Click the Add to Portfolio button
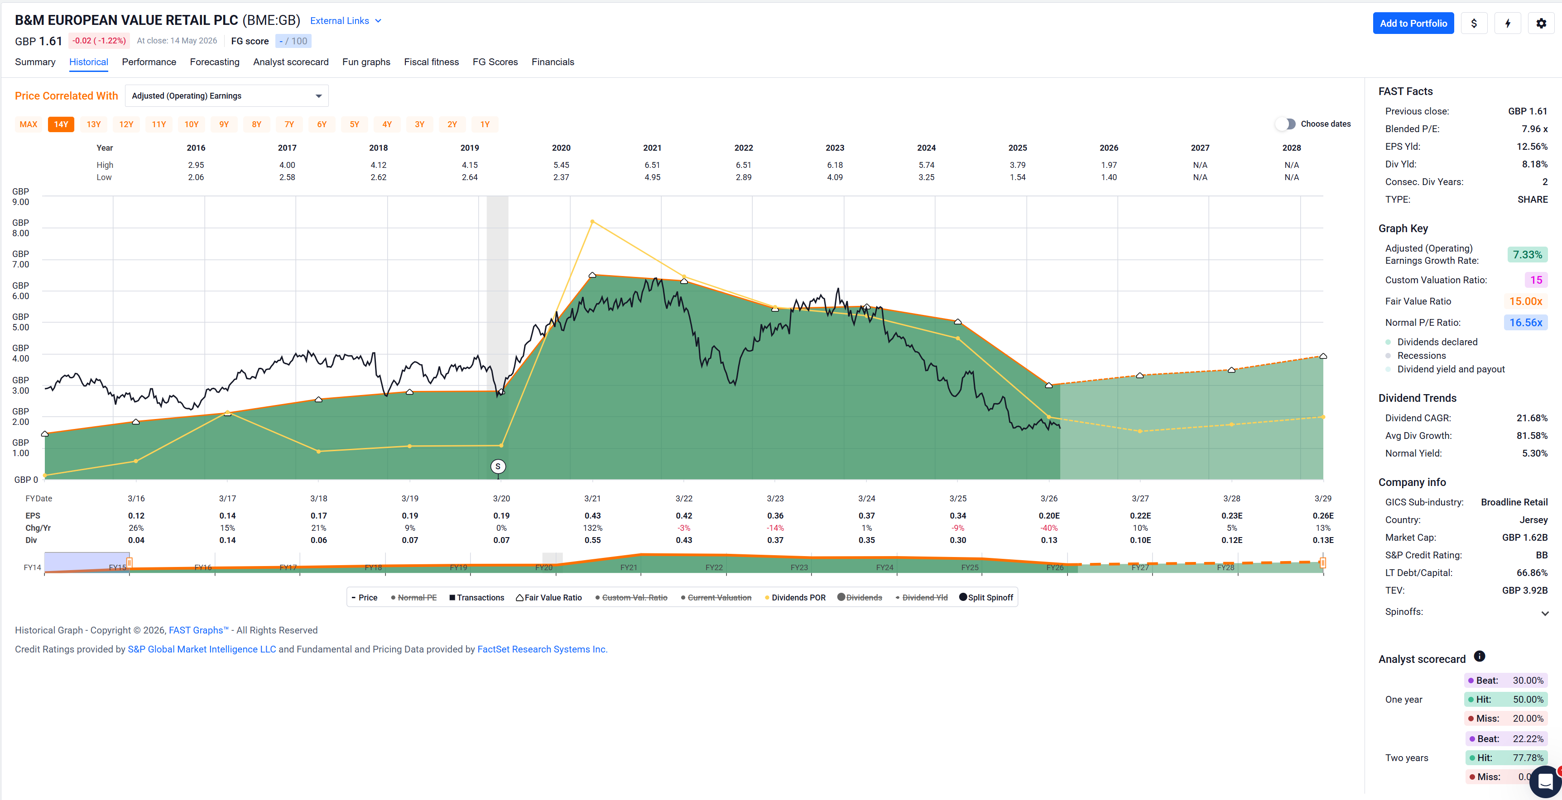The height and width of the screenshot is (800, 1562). point(1413,23)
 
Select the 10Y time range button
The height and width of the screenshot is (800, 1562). point(192,124)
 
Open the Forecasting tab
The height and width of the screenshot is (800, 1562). point(215,62)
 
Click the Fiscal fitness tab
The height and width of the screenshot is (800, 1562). point(431,62)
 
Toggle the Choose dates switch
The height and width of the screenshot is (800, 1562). point(1285,124)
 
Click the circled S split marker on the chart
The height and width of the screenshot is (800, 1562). point(498,466)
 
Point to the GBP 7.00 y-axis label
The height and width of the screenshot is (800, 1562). point(21,259)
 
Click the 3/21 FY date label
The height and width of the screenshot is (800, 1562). point(592,498)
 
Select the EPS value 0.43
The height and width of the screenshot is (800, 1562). point(592,516)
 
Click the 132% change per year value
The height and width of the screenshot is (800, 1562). point(592,528)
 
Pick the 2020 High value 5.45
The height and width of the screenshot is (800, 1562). point(561,165)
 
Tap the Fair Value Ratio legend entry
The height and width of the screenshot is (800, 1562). point(549,598)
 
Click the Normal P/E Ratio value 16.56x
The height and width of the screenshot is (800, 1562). point(1526,323)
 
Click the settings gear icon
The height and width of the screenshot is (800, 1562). point(1541,23)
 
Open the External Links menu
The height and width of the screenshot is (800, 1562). point(346,21)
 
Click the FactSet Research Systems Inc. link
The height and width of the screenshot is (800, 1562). point(542,649)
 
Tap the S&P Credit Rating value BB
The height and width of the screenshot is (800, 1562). point(1541,555)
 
